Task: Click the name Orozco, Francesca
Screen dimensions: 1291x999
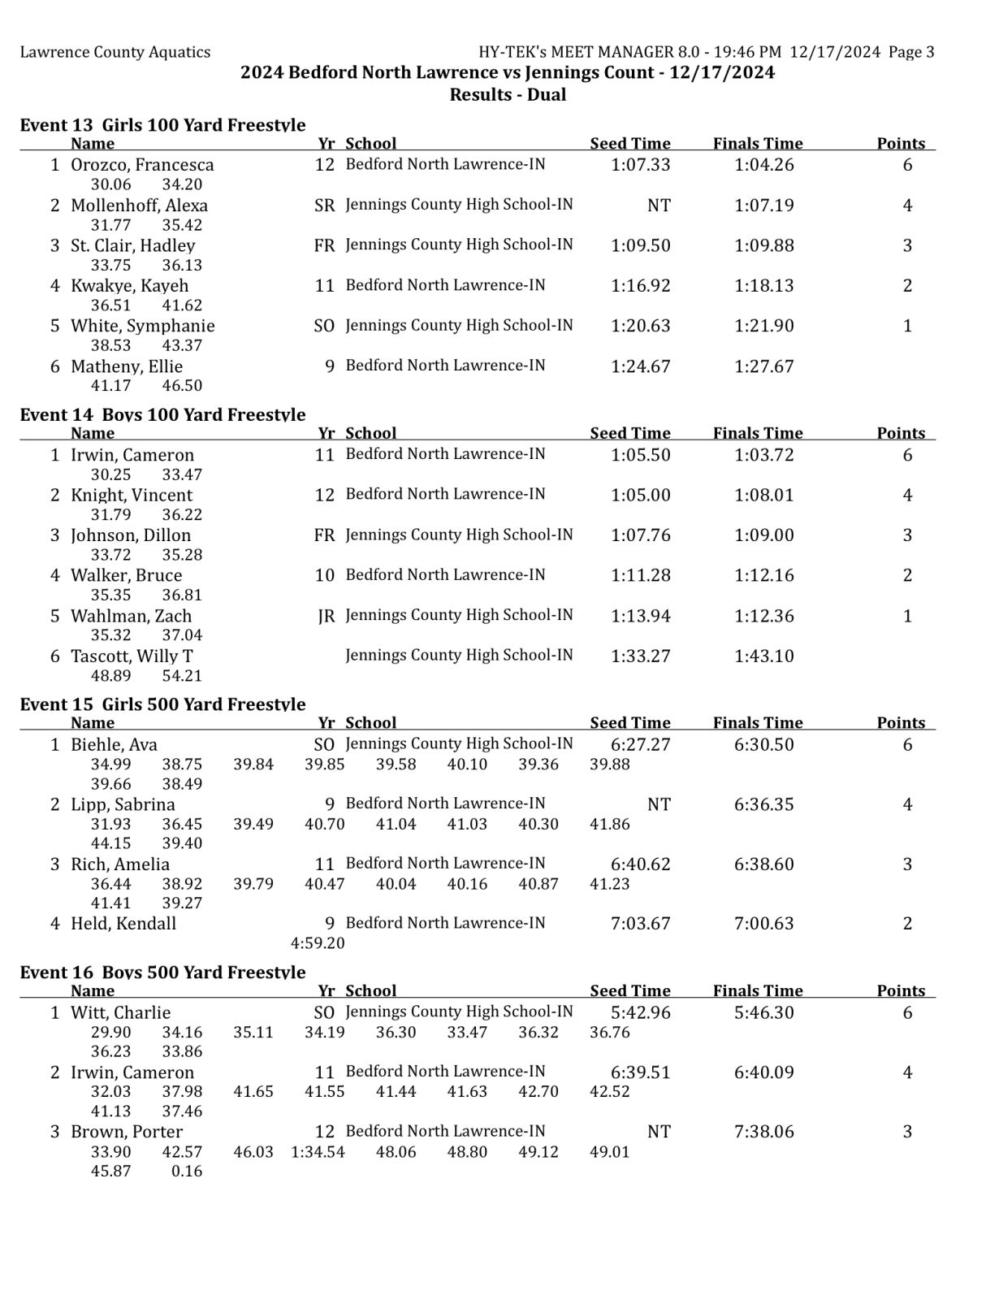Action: [142, 165]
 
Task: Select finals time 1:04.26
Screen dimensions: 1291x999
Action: [763, 165]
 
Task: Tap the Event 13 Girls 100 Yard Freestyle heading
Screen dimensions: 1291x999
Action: [162, 125]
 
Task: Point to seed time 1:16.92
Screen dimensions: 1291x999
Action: [640, 286]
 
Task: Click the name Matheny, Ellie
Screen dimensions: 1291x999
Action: [126, 366]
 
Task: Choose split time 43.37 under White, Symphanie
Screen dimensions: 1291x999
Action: [182, 345]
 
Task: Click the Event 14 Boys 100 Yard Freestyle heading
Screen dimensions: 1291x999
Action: [162, 415]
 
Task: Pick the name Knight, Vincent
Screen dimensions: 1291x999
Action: [132, 496]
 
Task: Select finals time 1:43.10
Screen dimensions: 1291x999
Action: [763, 656]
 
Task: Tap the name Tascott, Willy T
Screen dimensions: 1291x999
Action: [132, 656]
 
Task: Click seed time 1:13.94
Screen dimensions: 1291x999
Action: [640, 617]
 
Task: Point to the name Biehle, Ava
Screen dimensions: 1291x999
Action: [114, 745]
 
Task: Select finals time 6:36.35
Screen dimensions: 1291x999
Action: [763, 805]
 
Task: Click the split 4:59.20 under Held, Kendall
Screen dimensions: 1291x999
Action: [318, 943]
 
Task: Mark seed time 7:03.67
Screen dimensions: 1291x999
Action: [640, 924]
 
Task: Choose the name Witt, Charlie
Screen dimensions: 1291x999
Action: [120, 1013]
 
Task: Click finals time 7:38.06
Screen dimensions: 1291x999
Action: [763, 1132]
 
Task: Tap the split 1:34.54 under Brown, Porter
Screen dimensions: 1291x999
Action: [318, 1152]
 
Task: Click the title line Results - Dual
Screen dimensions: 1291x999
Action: [508, 95]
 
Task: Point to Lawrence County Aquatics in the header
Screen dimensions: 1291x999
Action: [115, 53]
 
